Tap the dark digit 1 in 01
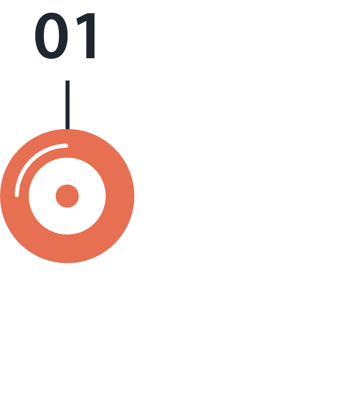coord(87,35)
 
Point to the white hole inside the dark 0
coord(51,35)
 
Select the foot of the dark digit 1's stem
coord(91,58)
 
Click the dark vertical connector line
coord(68,105)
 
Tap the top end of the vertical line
coord(68,81)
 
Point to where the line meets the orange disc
coord(68,129)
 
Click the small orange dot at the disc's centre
coord(67,196)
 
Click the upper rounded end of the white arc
coord(66,145)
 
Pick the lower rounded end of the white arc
coord(17,195)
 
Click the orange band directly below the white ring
coord(67,249)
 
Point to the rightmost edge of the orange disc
coord(134,196)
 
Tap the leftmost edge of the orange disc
coord(0,196)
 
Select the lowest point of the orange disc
coord(67,262)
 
